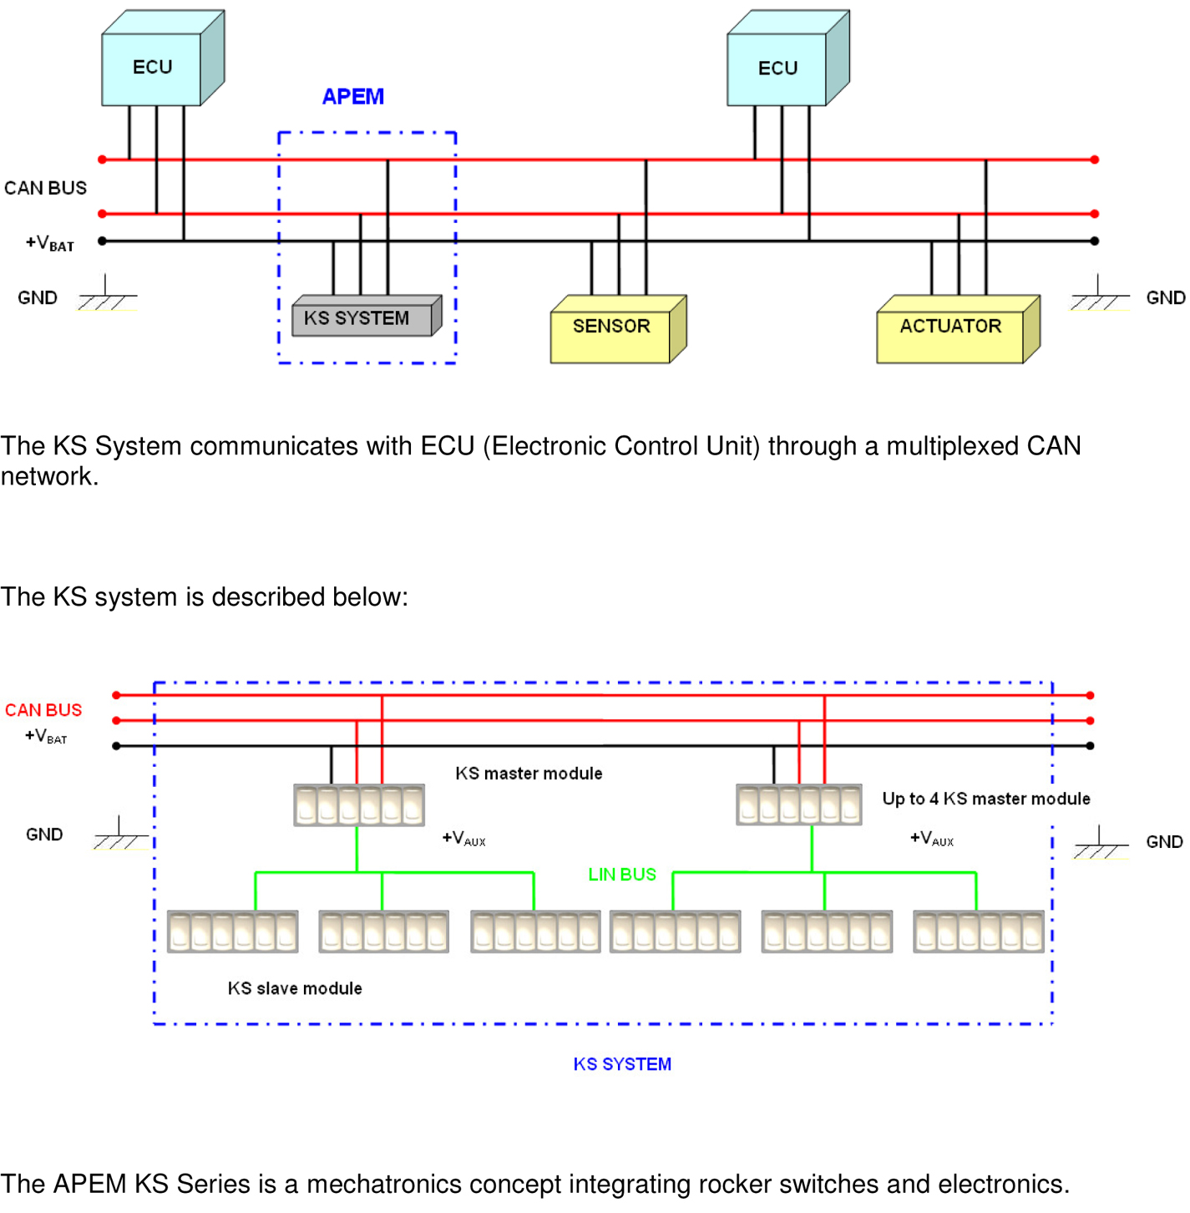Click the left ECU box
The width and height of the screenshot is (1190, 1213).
[x=153, y=68]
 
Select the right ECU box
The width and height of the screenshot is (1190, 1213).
[x=777, y=69]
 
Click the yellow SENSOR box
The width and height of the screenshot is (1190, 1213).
[x=611, y=328]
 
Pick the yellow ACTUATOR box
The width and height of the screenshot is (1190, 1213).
[x=950, y=328]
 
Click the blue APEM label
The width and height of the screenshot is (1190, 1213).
[x=353, y=97]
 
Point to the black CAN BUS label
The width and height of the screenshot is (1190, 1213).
[x=46, y=188]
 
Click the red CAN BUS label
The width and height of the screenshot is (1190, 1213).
[x=43, y=710]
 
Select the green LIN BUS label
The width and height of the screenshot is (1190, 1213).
[x=622, y=875]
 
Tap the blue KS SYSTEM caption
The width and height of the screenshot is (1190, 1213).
[x=622, y=1064]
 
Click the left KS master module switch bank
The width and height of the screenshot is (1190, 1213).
[x=359, y=805]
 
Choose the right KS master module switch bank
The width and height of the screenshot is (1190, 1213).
[x=799, y=805]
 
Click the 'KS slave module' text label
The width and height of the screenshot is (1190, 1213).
[x=295, y=988]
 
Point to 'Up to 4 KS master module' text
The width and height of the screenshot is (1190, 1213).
[x=986, y=799]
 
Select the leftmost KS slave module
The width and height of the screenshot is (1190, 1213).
[x=233, y=931]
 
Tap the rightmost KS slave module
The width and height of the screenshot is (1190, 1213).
[x=978, y=931]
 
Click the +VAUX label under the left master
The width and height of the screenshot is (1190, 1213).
[x=464, y=839]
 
